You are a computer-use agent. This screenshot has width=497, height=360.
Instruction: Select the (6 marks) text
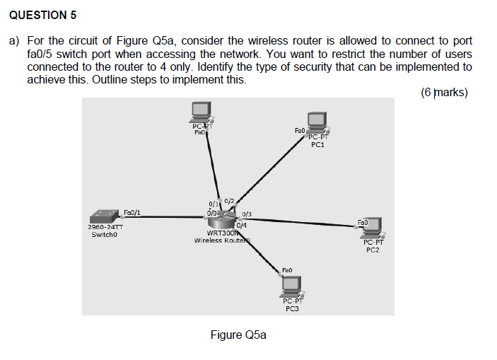coord(443,93)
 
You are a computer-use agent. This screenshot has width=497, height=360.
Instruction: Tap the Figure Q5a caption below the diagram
coord(238,335)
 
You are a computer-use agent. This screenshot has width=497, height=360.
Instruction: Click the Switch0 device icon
coord(105,216)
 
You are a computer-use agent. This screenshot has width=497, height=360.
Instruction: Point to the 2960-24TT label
coord(105,227)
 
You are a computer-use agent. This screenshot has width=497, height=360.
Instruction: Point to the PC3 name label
coord(291,308)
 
